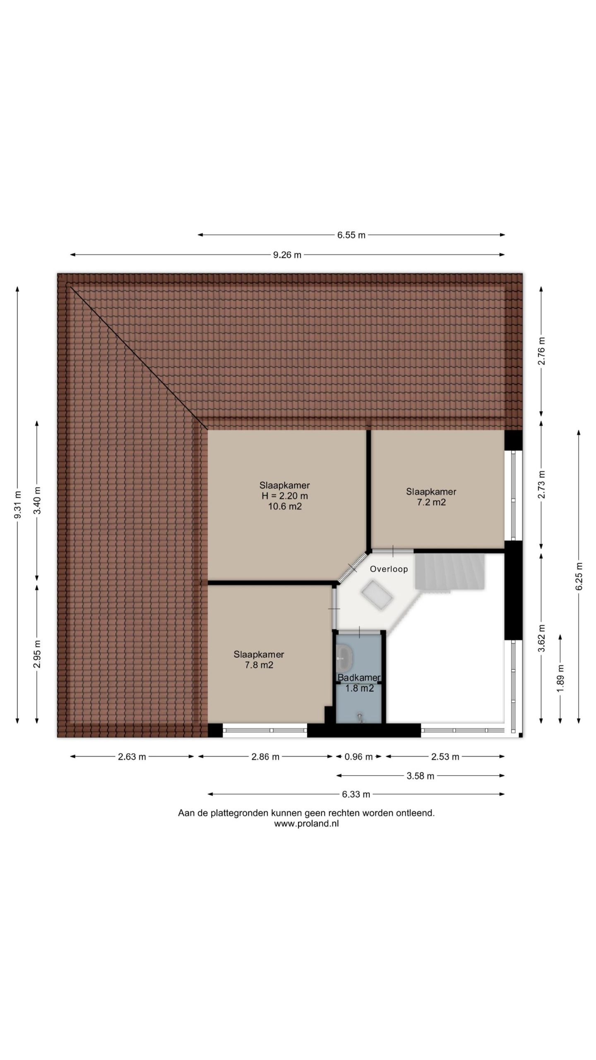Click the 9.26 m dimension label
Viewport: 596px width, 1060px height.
287,255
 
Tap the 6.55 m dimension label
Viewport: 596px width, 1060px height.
351,235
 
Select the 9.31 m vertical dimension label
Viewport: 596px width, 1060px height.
17,504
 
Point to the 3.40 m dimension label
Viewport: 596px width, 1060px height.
37,500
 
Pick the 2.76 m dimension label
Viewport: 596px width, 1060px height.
541,351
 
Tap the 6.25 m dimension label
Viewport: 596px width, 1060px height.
579,577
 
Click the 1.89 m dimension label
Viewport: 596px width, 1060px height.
560,678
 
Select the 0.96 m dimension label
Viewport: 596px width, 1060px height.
358,757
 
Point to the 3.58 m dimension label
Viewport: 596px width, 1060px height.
421,776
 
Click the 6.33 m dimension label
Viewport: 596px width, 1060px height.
356,794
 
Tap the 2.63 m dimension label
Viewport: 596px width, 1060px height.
132,757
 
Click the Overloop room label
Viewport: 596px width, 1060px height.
389,569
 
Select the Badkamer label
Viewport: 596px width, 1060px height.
359,678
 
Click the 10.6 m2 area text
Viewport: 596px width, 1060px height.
285,506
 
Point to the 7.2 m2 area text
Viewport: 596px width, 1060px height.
431,503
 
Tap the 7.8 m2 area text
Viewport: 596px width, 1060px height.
259,665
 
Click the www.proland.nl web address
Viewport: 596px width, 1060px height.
306,824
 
